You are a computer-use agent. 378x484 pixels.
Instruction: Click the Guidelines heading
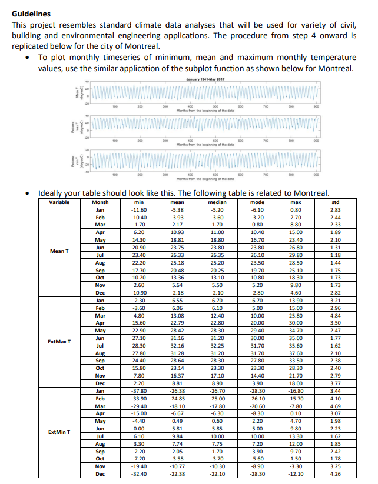click(31, 14)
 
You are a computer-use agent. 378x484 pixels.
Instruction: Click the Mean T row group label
click(59, 251)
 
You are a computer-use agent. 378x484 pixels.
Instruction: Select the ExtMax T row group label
click(59, 341)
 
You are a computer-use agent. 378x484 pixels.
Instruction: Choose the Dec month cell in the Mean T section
click(101, 292)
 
